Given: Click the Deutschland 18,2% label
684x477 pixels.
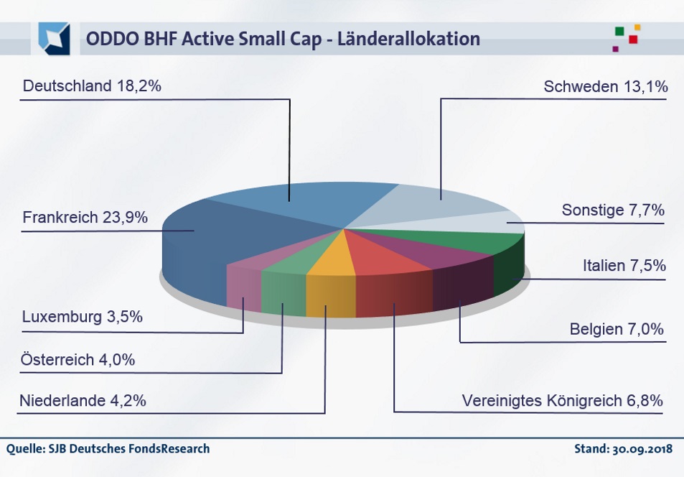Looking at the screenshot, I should click(x=92, y=86).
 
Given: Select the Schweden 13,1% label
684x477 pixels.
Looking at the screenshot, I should click(x=606, y=87).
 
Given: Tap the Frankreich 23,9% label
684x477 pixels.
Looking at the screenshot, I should click(x=85, y=217).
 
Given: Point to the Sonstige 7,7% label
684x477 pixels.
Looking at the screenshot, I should click(x=613, y=210).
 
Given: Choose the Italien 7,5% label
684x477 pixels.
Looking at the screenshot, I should click(x=624, y=266).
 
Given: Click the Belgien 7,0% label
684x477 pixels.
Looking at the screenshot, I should click(x=617, y=330).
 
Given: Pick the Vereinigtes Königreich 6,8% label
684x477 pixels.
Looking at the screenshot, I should click(x=562, y=400).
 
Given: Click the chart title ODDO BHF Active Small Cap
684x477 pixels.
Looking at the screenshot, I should click(x=283, y=39).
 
